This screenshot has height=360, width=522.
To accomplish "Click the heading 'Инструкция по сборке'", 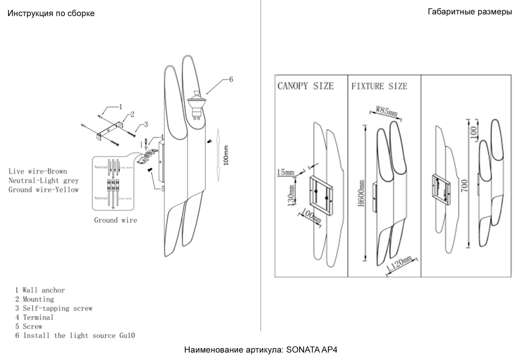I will pos(51,13).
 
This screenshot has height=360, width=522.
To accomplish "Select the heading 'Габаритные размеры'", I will pos(470,12).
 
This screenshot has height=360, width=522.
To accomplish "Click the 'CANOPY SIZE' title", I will pos(305,86).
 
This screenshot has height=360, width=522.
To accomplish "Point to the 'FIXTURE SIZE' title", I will pos(379,86).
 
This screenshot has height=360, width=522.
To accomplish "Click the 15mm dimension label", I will pos(285,173).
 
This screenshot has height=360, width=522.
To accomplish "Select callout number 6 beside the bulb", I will pos(231,79).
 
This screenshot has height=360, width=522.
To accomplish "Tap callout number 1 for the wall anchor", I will pos(120,106).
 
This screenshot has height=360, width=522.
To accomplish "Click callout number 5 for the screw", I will pos(163,188).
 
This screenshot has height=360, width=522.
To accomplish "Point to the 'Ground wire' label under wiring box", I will pos(115,220).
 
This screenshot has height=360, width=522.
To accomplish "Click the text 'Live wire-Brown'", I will pos(38,171).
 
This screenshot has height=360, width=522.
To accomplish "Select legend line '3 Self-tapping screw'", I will pos(54,308).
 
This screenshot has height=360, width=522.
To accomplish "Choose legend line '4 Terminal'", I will pos(34,317).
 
